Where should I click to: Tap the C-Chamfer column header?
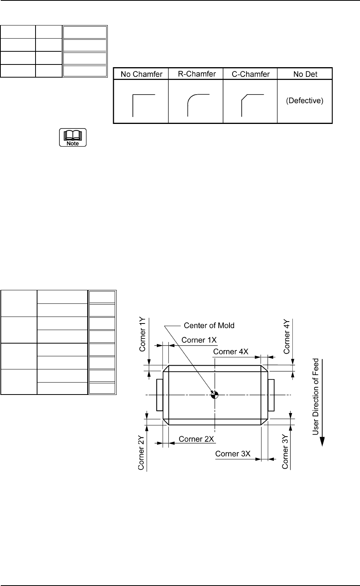pos(250,74)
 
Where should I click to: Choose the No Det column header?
pos(305,74)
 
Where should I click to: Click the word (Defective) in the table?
pos(305,101)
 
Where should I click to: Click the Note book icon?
pos(73,137)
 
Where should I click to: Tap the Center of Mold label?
pos(209,325)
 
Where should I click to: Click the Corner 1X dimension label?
pos(199,340)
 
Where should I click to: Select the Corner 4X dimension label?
pos(231,352)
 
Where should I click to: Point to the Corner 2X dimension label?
pos(197,439)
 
